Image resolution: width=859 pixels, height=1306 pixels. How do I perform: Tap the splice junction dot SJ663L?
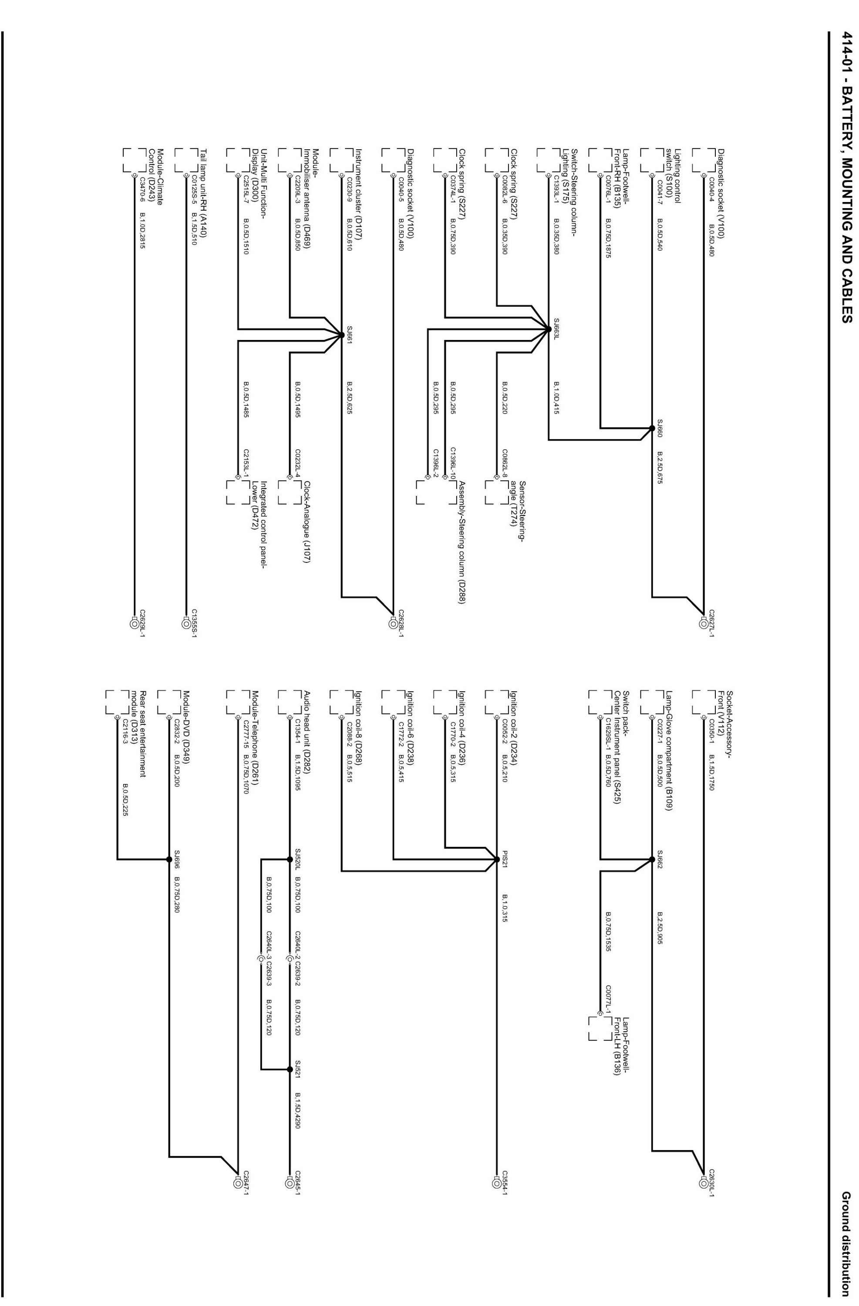click(x=548, y=329)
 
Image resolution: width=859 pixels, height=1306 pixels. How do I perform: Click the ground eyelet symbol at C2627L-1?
click(x=704, y=623)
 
